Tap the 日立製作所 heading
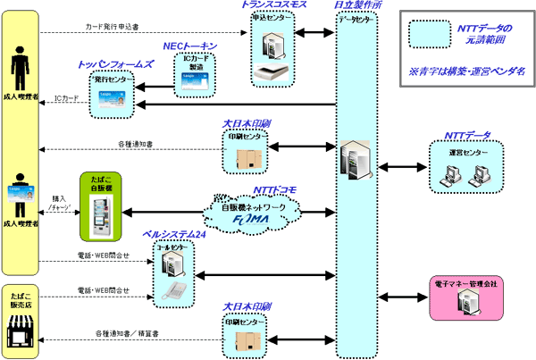click(x=358, y=6)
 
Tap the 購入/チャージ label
click(x=60, y=204)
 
